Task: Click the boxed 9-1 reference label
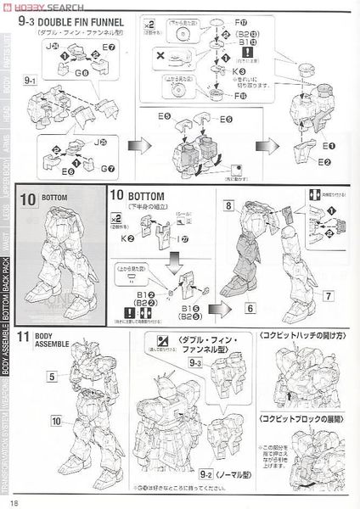pos(33,81)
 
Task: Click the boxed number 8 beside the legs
pos(229,205)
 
